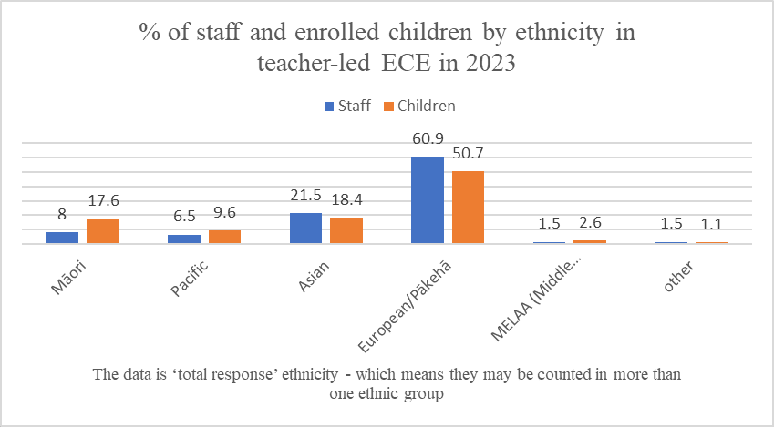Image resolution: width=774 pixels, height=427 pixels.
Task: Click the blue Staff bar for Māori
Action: (x=63, y=238)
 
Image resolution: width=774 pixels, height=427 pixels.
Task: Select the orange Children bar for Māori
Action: (x=103, y=231)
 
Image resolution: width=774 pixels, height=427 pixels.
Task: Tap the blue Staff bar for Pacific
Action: (x=184, y=239)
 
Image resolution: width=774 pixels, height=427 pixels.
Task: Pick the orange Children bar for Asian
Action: (x=346, y=230)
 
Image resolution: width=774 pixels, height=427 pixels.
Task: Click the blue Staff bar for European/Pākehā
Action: (x=428, y=200)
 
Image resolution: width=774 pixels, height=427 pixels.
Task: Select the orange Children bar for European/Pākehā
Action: (x=468, y=208)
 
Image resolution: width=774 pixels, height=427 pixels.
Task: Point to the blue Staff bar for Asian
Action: (x=305, y=228)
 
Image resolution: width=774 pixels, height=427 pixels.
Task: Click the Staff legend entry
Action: (x=346, y=106)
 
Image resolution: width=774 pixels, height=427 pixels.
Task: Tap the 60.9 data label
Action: (x=428, y=143)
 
